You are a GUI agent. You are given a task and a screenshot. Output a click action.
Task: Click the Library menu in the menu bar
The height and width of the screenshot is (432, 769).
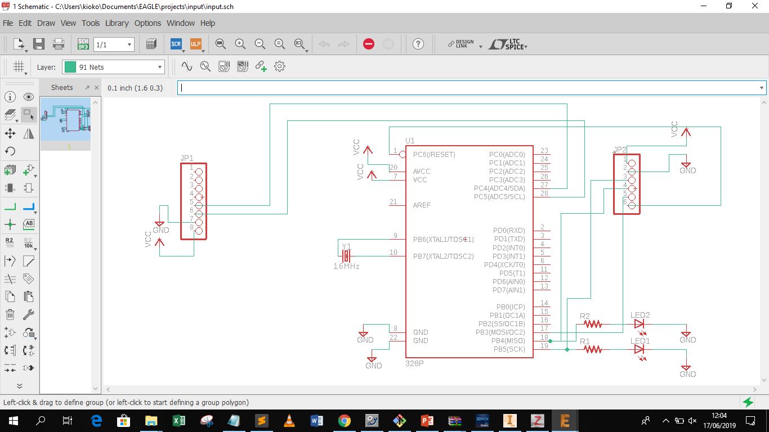coord(117,23)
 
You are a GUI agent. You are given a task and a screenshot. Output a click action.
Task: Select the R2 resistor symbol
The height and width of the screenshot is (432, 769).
coord(593,324)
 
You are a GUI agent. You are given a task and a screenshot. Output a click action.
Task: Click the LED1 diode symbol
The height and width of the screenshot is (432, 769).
coord(639,349)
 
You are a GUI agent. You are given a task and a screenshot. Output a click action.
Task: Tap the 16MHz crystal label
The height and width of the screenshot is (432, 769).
coord(346,266)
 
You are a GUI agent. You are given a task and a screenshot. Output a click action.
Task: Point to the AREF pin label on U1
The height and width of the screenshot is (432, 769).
coord(422,205)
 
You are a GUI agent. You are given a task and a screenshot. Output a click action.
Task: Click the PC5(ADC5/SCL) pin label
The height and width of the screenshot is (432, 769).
coord(499,197)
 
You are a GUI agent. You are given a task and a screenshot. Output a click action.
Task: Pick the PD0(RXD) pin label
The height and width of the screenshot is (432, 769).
coord(509,231)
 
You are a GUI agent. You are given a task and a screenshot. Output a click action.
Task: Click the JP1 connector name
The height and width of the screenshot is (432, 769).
coord(187,158)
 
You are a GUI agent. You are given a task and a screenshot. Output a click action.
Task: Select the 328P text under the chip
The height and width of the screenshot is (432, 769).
coord(414,364)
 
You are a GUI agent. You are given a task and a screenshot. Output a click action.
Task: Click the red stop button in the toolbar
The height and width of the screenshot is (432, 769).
coord(369,44)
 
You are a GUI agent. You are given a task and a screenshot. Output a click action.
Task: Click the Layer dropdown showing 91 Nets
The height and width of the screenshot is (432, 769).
coord(113,67)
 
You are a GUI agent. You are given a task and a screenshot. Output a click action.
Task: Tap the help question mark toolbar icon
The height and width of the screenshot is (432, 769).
coord(418,44)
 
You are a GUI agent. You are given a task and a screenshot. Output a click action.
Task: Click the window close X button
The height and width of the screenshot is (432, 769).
coord(755,6)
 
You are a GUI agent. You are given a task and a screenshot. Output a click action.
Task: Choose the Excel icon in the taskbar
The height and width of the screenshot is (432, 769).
coord(178,420)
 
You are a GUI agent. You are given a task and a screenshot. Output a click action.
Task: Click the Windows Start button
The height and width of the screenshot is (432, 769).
coord(14,420)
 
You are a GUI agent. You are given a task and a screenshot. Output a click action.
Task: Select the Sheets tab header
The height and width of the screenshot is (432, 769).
coord(62,88)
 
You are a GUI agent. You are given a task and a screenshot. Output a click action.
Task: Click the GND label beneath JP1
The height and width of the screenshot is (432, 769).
coord(161,230)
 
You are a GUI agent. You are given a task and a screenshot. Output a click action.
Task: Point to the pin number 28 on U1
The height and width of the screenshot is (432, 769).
coord(544,193)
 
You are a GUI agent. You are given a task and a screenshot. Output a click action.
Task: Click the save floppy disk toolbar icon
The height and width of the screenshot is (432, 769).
coord(39,44)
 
